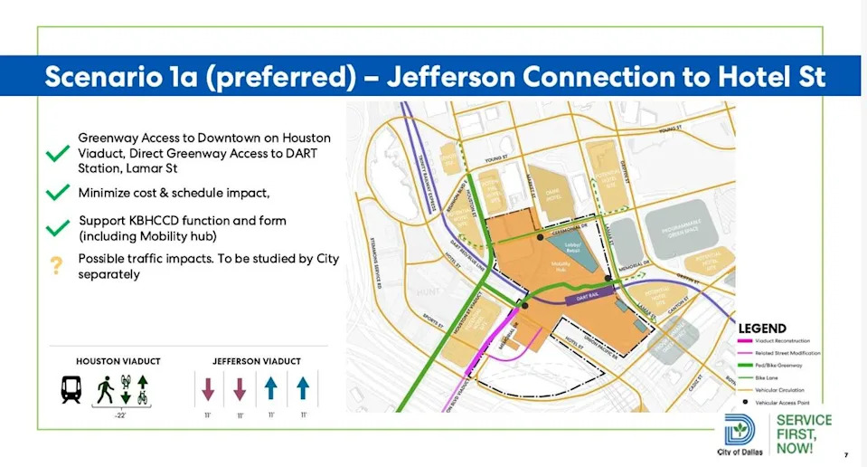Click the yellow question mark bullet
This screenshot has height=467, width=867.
pyautogui.click(x=56, y=265)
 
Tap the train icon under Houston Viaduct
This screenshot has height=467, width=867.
pyautogui.click(x=72, y=389)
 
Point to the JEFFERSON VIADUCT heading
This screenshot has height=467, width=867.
pyautogui.click(x=254, y=361)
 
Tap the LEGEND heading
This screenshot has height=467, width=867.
pyautogui.click(x=762, y=328)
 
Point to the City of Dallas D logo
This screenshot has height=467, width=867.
pyautogui.click(x=740, y=429)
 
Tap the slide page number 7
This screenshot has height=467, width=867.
pyautogui.click(x=845, y=454)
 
